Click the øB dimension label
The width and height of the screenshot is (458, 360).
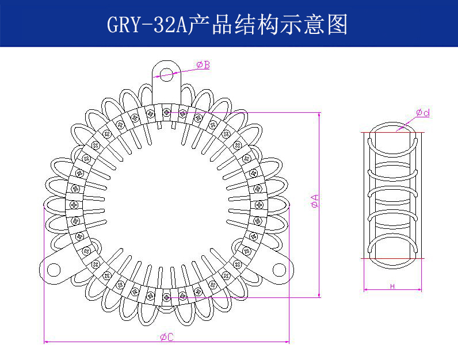click(203, 65)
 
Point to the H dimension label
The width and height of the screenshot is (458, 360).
click(392, 286)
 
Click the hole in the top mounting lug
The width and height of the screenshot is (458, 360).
click(166, 73)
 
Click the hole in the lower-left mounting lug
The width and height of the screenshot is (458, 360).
click(54, 269)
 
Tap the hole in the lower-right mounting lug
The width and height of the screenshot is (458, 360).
click(278, 269)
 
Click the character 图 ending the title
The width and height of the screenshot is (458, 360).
click(338, 25)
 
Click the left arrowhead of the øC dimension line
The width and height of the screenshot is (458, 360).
click(46, 342)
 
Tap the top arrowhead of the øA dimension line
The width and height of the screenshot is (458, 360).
click(319, 115)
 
